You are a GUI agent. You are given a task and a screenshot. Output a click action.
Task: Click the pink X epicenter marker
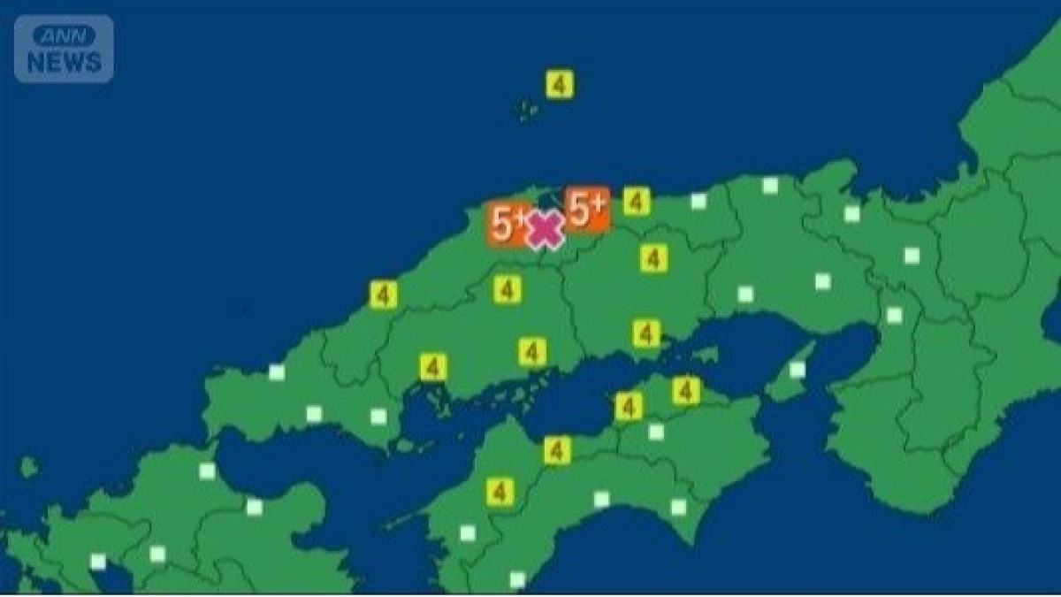(x=546, y=230)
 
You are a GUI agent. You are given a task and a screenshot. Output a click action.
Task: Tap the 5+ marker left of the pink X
(x=508, y=225)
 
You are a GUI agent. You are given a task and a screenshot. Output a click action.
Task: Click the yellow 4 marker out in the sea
(x=559, y=85)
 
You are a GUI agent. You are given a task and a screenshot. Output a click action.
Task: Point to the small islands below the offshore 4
(x=528, y=111)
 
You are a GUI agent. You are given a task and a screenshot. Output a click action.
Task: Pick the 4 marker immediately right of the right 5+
(x=636, y=202)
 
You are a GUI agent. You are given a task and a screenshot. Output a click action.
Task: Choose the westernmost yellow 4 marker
(x=383, y=295)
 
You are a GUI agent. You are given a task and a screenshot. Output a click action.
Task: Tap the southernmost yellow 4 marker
(x=500, y=492)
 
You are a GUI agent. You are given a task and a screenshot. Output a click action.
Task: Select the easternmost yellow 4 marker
(x=685, y=390)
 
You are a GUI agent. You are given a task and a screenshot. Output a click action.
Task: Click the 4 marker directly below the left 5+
(x=507, y=289)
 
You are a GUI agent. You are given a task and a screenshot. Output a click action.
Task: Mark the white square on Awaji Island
(x=797, y=370)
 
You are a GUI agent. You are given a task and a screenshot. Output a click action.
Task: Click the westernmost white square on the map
(x=98, y=562)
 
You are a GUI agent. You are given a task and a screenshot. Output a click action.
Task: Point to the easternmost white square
(x=912, y=256)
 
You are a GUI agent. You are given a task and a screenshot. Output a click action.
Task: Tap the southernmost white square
(x=517, y=579)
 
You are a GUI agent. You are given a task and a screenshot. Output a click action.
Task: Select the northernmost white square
(x=770, y=186)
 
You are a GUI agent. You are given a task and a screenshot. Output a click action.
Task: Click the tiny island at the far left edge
(x=29, y=465)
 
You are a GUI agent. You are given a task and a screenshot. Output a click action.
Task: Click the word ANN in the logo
(x=64, y=37)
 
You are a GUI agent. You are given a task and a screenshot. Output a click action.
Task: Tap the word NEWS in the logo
(x=64, y=62)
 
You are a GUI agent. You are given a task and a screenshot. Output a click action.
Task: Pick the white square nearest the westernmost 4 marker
(x=277, y=372)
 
